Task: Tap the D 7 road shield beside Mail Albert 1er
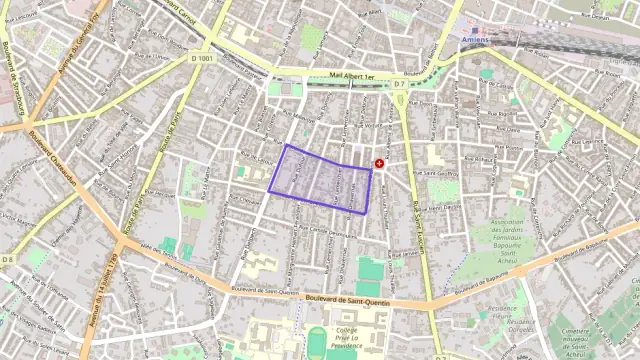[399, 84]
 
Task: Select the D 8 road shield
[7, 260]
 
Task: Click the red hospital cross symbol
[379, 163]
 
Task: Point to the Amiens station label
[478, 38]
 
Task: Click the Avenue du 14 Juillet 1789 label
[101, 291]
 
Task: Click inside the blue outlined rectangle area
[320, 180]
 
